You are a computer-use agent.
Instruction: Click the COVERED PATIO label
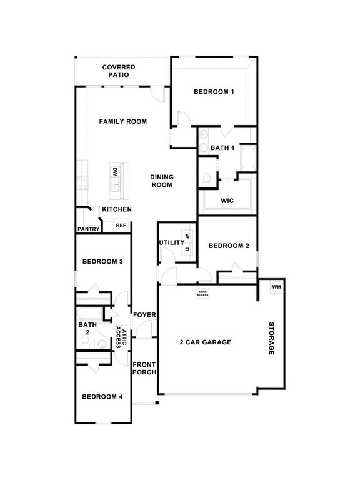[x=119, y=71]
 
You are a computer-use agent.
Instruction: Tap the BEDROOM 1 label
[x=214, y=92]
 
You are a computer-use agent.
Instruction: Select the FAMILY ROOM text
[x=123, y=121]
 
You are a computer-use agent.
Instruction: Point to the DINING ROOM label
[x=162, y=181]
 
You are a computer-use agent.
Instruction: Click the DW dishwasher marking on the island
[x=115, y=171]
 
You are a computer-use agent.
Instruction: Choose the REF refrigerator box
[x=121, y=226]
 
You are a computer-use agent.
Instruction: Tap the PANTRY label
[x=88, y=229]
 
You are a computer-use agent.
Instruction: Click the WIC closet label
[x=227, y=201]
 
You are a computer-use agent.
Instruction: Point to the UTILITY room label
[x=171, y=242]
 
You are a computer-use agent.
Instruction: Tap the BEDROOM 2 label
[x=229, y=246]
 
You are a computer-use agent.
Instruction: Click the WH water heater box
[x=276, y=287]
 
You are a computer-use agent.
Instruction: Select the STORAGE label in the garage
[x=272, y=339]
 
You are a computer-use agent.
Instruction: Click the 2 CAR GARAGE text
[x=206, y=342]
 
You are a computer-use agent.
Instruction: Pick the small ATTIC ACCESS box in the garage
[x=203, y=293]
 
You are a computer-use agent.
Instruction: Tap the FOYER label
[x=144, y=314]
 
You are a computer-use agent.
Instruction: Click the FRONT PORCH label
[x=144, y=368]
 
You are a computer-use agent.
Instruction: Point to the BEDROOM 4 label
[x=102, y=397]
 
